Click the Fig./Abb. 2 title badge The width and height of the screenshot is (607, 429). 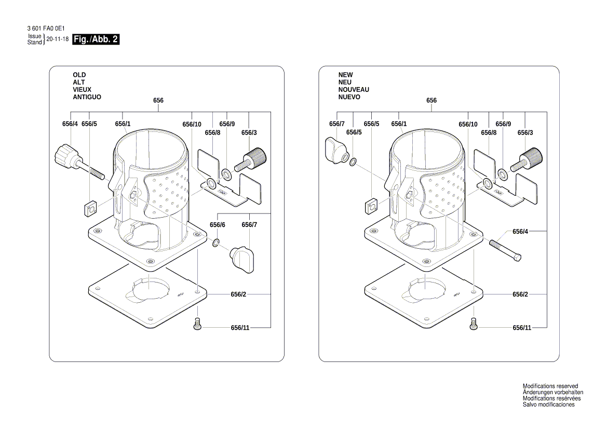click(97, 39)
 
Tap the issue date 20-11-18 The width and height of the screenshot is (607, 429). click(58, 39)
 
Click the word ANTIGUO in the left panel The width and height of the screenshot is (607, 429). click(87, 97)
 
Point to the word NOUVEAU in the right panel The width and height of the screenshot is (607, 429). click(354, 90)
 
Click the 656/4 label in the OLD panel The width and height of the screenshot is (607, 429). click(70, 124)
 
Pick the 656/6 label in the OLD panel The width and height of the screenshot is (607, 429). click(218, 224)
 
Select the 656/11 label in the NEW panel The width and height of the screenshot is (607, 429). click(522, 328)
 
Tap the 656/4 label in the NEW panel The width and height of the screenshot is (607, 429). click(520, 231)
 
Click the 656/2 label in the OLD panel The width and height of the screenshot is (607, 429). click(238, 294)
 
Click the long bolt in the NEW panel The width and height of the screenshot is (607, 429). click(505, 249)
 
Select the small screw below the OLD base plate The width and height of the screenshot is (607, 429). click(197, 324)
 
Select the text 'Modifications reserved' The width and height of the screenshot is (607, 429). click(550, 386)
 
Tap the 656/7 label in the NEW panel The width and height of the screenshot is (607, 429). click(337, 124)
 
